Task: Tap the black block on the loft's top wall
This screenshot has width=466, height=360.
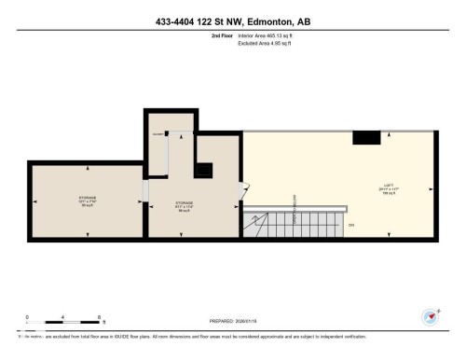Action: pyautogui.click(x=366, y=138)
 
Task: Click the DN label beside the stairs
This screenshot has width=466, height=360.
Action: pyautogui.click(x=351, y=225)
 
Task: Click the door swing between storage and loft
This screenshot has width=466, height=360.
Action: pyautogui.click(x=245, y=188)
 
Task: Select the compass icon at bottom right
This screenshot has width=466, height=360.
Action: pyautogui.click(x=430, y=316)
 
